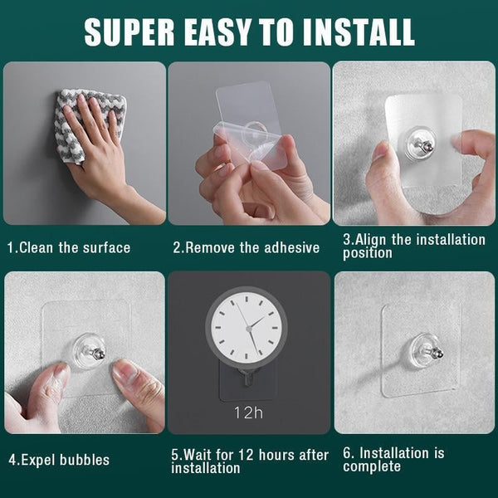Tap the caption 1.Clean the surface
click(69, 247)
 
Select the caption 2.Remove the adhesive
click(246, 247)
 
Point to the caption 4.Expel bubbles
click(58, 459)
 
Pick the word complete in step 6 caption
click(373, 466)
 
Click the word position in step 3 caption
click(368, 252)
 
